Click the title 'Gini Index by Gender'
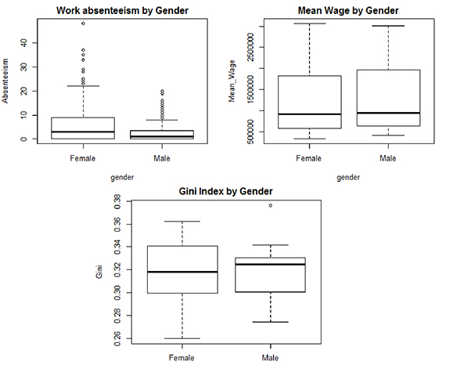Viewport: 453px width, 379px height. [228, 192]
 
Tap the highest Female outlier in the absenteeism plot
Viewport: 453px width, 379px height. [83, 23]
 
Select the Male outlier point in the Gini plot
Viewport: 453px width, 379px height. [271, 205]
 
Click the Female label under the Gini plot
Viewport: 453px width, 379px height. [182, 358]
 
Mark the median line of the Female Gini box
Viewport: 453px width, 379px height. [182, 272]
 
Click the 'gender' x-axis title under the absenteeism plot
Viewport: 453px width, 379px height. [121, 178]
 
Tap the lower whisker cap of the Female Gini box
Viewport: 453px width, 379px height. [182, 338]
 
